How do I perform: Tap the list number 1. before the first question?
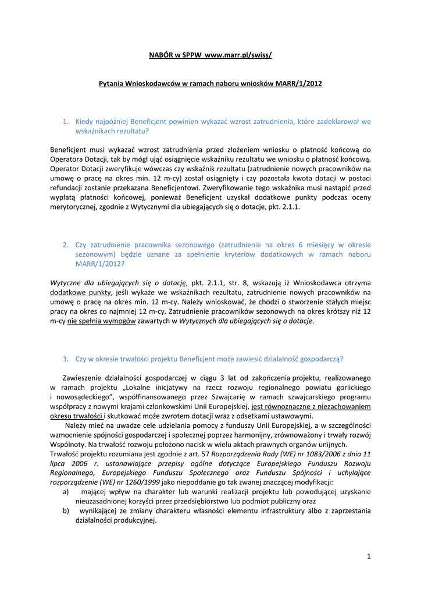point(66,122)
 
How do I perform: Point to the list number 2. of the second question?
point(66,245)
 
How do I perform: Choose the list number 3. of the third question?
point(66,359)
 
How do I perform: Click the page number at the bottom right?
point(369,556)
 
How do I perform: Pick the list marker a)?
point(66,491)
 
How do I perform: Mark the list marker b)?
point(66,510)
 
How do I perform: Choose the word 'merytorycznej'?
point(75,207)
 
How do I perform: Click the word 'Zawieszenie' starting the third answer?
point(84,378)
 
